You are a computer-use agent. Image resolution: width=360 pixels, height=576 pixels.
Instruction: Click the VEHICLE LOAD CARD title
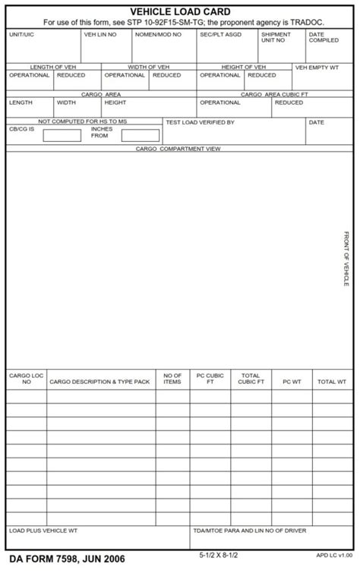click(x=180, y=12)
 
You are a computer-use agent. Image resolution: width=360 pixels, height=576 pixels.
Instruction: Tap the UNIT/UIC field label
click(x=21, y=35)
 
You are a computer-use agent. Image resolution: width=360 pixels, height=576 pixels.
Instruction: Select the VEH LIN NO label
click(x=99, y=35)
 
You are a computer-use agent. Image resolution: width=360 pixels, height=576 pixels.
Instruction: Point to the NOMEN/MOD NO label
click(x=158, y=35)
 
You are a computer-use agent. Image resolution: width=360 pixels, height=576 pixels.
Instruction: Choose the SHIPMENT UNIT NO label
click(x=275, y=37)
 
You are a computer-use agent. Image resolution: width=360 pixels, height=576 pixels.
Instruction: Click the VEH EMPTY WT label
click(x=317, y=68)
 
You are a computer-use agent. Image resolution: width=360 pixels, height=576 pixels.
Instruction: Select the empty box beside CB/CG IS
click(x=62, y=136)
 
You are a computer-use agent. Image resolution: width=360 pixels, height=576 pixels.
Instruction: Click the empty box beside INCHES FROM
click(x=141, y=136)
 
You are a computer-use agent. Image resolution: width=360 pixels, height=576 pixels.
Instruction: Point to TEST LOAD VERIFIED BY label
click(x=200, y=122)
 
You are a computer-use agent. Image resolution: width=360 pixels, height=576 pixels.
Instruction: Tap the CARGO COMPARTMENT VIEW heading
click(x=178, y=149)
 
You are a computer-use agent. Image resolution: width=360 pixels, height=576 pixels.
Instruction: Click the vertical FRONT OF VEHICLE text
click(x=346, y=259)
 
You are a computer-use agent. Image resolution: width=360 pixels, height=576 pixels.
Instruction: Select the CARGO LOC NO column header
click(x=27, y=379)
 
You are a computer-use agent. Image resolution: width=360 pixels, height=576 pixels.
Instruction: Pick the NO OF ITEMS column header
click(x=172, y=379)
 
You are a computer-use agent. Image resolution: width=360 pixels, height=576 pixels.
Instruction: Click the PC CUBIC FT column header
click(x=210, y=379)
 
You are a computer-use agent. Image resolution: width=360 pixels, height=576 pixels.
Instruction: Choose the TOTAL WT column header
click(x=331, y=382)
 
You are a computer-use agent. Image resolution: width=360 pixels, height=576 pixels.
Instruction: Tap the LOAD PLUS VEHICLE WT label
click(x=43, y=530)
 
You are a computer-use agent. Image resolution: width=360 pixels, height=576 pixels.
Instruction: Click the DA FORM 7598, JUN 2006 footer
click(x=67, y=560)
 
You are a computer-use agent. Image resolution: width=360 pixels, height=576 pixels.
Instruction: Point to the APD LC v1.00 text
click(x=334, y=556)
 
